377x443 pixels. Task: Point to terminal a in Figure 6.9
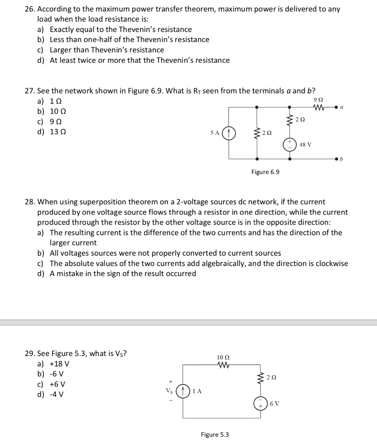click(336, 106)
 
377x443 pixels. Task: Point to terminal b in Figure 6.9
click(336, 160)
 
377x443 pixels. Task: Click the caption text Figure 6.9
click(265, 172)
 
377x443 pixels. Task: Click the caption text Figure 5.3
click(215, 435)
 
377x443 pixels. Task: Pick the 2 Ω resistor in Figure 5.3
click(261, 377)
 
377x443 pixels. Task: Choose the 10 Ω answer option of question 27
click(58, 111)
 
